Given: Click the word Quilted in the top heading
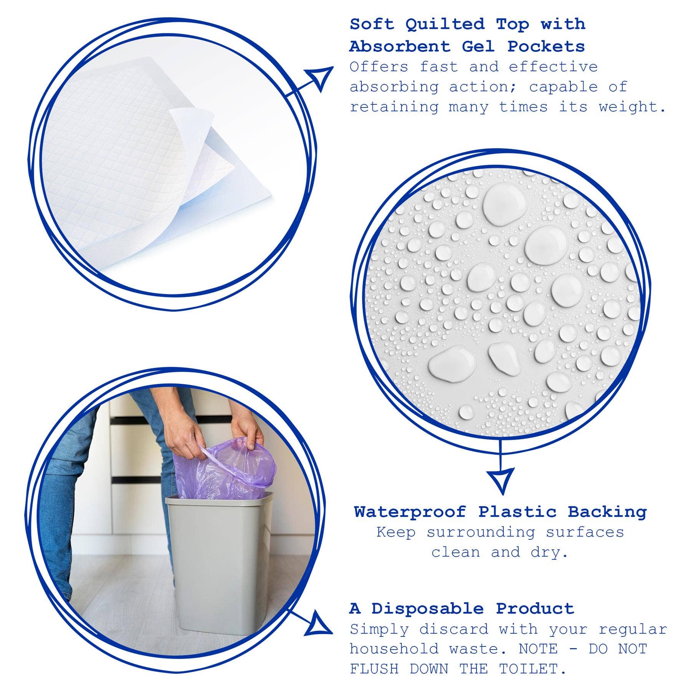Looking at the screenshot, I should click(x=445, y=25).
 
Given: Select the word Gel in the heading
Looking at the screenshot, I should click(x=478, y=47).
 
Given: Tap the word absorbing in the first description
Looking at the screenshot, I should click(x=394, y=88).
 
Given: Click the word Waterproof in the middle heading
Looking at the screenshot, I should click(x=410, y=512).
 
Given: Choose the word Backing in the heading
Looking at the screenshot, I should click(x=607, y=512).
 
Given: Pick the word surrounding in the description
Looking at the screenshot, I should click(x=481, y=532).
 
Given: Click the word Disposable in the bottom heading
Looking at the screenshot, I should click(x=427, y=609).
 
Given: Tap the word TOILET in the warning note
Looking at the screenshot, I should click(x=528, y=669).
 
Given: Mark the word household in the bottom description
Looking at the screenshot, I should click(x=394, y=649).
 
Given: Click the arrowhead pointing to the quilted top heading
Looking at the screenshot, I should click(x=321, y=78).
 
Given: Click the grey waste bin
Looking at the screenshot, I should click(x=218, y=560).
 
